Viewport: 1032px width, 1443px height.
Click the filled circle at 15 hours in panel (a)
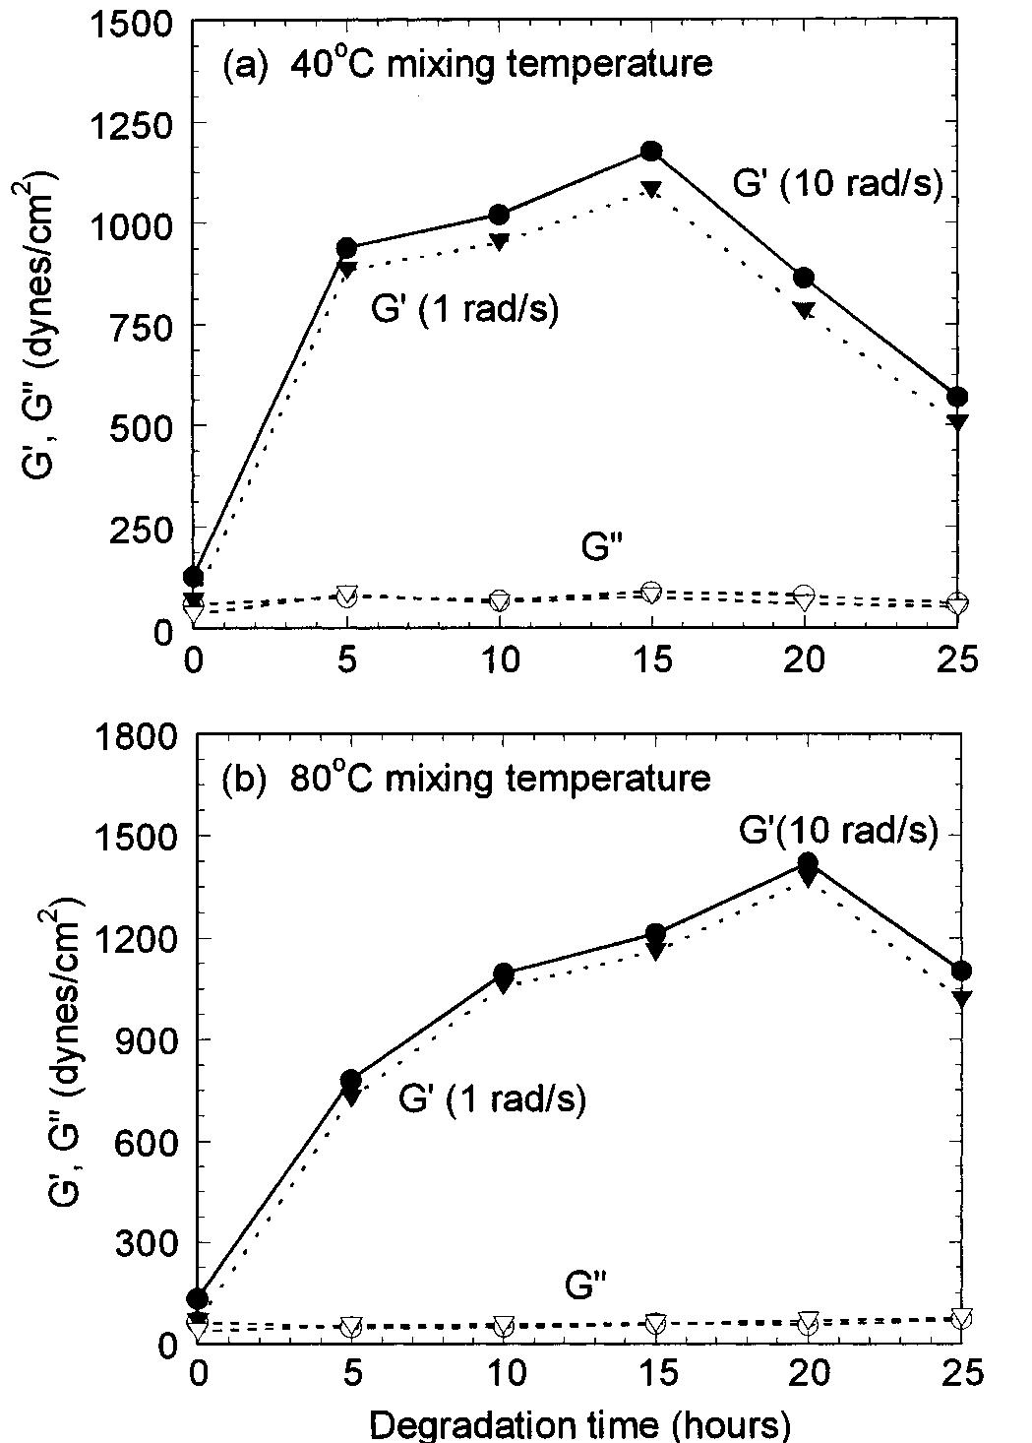[651, 151]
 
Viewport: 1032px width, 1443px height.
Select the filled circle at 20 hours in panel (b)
[808, 864]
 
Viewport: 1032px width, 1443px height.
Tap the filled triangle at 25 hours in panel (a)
[957, 422]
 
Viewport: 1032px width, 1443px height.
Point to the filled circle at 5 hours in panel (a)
[346, 247]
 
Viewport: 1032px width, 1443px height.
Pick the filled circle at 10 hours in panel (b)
[504, 973]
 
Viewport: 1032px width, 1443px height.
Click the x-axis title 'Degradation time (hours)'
[580, 1424]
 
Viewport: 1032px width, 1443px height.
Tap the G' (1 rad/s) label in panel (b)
[492, 1098]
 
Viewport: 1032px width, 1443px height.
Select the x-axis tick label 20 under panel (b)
[807, 1373]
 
